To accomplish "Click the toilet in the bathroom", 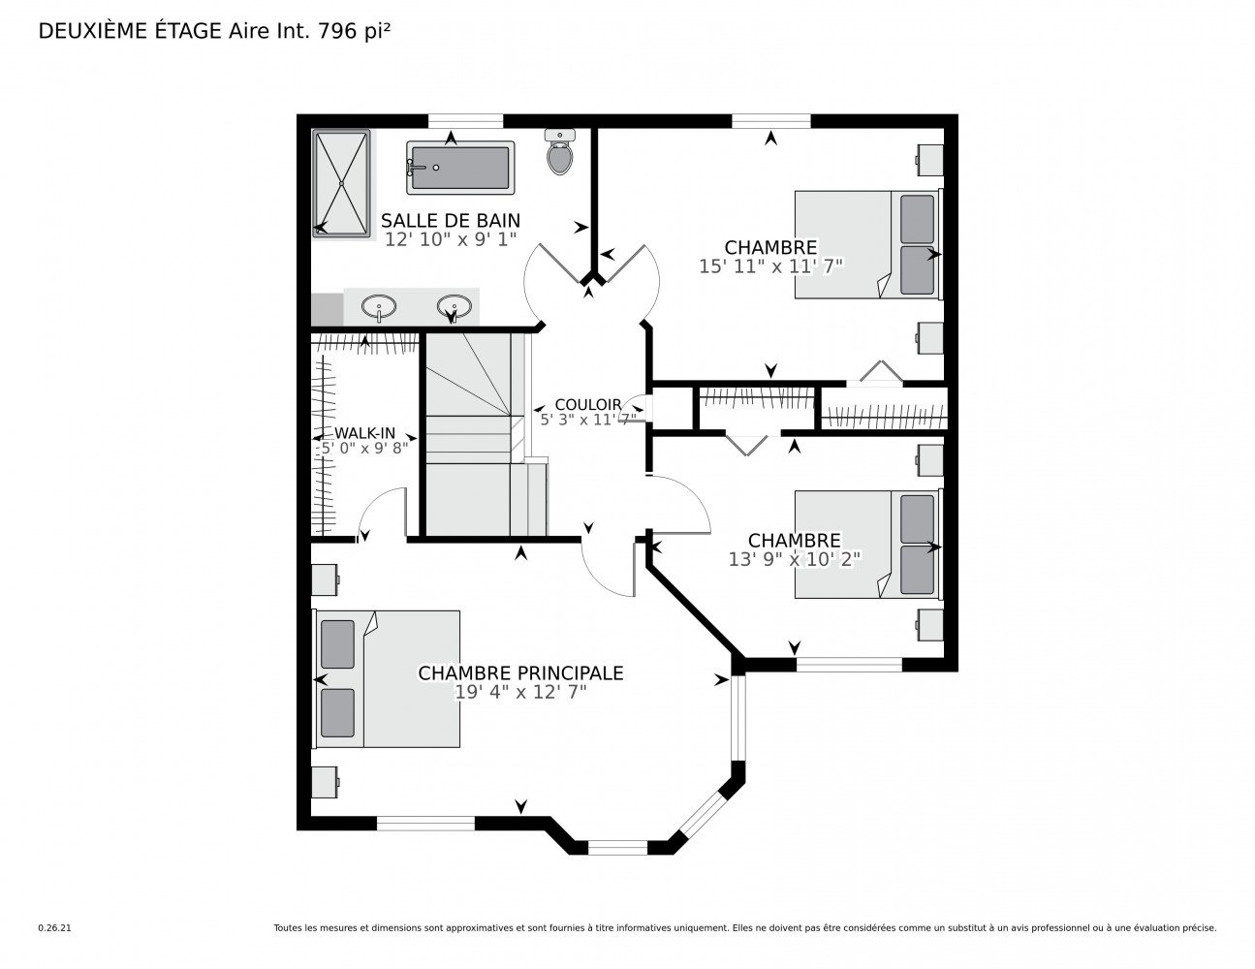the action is pyautogui.click(x=559, y=152).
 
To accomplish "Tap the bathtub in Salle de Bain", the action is pyautogui.click(x=459, y=168).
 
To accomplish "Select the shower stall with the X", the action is pyautogui.click(x=341, y=183).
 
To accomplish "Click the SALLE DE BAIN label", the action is pyautogui.click(x=451, y=221).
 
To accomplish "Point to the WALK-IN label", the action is pyautogui.click(x=365, y=433).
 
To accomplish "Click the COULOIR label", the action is pyautogui.click(x=588, y=405).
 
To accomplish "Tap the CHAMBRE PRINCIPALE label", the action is pyautogui.click(x=520, y=673).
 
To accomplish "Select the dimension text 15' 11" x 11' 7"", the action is pyautogui.click(x=771, y=266).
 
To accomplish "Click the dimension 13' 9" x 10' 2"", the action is pyautogui.click(x=795, y=559).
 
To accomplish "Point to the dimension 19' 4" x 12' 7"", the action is pyautogui.click(x=521, y=692).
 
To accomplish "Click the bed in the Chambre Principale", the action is pyautogui.click(x=387, y=679).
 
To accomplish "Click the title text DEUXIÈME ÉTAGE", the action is pyautogui.click(x=130, y=31).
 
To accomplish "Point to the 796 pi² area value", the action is pyautogui.click(x=354, y=31).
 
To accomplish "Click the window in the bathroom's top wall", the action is pyautogui.click(x=465, y=121).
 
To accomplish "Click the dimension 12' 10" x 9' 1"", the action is pyautogui.click(x=451, y=239).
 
